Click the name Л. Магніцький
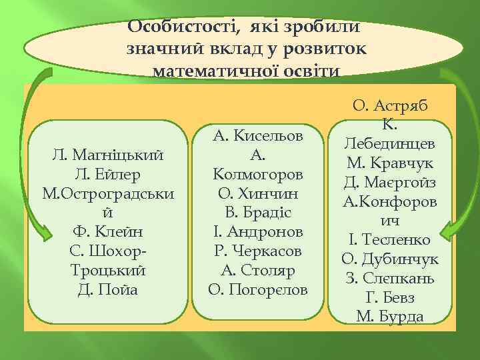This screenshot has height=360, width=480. (109, 155)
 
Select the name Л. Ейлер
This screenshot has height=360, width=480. (109, 175)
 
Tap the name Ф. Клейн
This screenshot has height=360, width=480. (109, 233)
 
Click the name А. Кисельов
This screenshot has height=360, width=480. (258, 136)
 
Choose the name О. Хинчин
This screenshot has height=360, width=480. (258, 194)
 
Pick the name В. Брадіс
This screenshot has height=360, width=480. (258, 213)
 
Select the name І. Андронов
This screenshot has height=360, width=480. (258, 233)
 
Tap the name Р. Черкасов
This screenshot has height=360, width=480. (258, 252)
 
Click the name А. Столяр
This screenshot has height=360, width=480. (258, 271)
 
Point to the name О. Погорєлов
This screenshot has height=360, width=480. (258, 290)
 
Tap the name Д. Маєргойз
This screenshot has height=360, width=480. (390, 181)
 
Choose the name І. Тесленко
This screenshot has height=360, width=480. (390, 239)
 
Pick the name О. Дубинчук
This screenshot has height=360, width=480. (390, 259)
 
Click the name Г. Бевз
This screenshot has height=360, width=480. (390, 297)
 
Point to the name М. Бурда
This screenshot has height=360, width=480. (390, 317)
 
